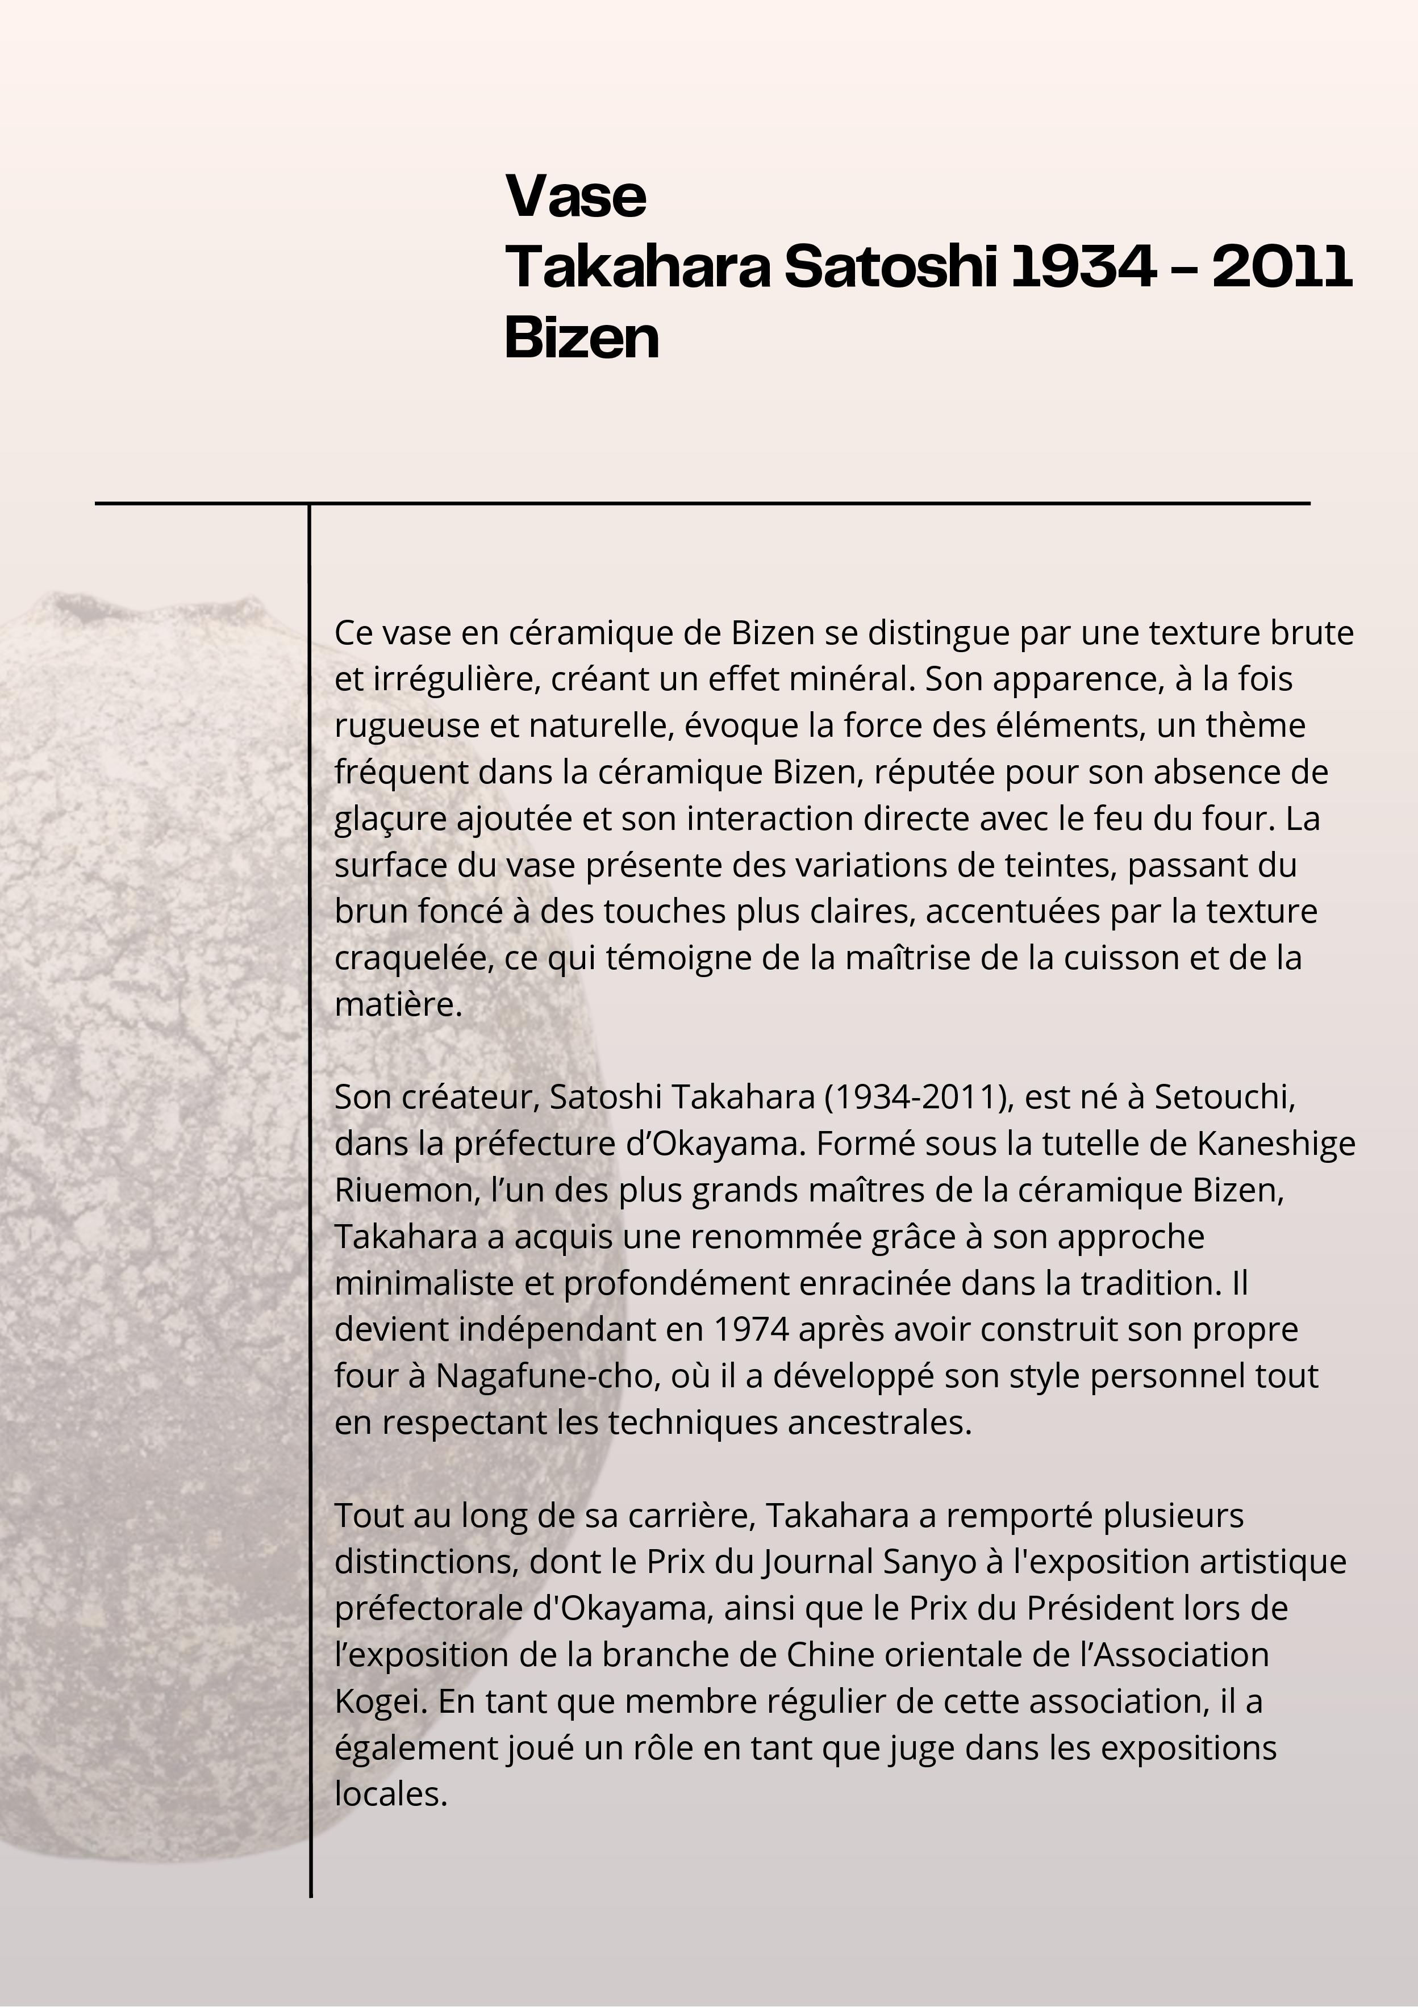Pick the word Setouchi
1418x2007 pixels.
coord(1223,1096)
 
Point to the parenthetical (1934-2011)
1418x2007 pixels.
coord(917,1096)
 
